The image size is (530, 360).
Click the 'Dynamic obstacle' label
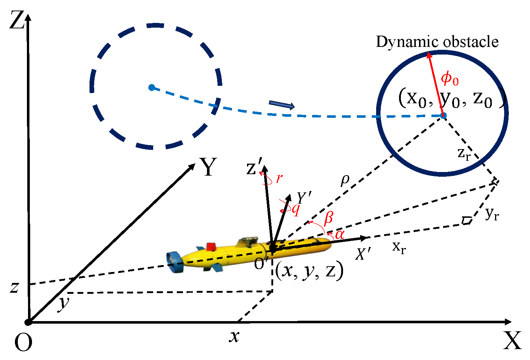[x=437, y=42]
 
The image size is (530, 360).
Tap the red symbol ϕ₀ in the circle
[x=450, y=79]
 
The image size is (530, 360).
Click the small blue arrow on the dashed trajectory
[x=282, y=105]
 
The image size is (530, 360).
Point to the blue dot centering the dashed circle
[x=152, y=87]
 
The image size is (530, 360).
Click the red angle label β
[x=328, y=218]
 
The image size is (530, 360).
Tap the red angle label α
[x=339, y=235]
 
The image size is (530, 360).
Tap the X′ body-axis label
[x=363, y=254]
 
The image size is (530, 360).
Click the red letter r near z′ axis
[x=279, y=179]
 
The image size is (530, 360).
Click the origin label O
[x=23, y=342]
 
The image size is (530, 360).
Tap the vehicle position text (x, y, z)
[x=309, y=271]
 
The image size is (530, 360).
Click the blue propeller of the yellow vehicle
[x=174, y=261]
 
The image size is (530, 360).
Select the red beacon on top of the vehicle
[x=211, y=247]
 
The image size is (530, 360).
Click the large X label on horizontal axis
[x=512, y=341]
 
